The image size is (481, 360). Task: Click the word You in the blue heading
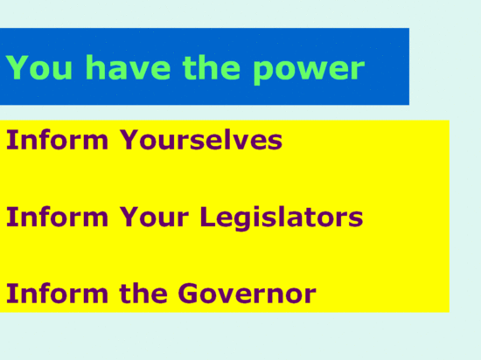click(39, 67)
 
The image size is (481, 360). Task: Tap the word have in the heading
click(128, 66)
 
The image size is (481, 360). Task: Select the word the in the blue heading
click(211, 66)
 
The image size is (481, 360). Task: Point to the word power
click(309, 71)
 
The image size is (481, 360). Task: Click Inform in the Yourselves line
click(57, 140)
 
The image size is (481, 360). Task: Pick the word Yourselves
click(201, 140)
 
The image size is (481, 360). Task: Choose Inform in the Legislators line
click(57, 217)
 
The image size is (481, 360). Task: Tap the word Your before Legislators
click(154, 217)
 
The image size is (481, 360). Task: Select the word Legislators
click(282, 218)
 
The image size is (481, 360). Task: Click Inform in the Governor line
click(57, 293)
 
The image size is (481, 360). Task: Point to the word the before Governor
click(143, 293)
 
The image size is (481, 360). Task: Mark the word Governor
click(247, 293)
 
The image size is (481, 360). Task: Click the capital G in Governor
click(188, 293)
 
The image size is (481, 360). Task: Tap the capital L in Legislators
click(209, 217)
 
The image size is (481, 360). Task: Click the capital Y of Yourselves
click(129, 140)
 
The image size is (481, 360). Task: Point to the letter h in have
click(95, 66)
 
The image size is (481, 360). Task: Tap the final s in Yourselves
click(275, 142)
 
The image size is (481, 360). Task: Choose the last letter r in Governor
click(310, 295)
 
